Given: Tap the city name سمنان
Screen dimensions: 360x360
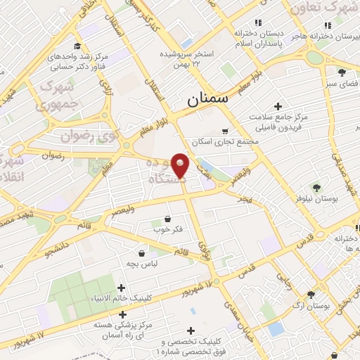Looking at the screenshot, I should click(x=208, y=100).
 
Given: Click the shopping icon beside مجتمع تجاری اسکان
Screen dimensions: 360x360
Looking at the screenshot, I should click(x=225, y=131).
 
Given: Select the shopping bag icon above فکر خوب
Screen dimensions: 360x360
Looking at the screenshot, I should click(x=167, y=218).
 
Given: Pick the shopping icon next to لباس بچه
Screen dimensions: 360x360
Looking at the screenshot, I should click(x=142, y=253).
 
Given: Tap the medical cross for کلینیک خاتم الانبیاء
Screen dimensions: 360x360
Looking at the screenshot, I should click(x=122, y=288).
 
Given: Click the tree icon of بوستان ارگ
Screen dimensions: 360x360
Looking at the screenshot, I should click(x=311, y=295).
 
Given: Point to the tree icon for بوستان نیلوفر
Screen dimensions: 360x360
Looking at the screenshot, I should click(x=318, y=187).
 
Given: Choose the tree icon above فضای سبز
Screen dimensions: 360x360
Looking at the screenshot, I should click(x=342, y=72).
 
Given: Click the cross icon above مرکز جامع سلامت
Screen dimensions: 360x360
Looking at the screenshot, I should click(x=279, y=105).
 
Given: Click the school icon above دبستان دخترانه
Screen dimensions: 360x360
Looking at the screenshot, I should click(x=259, y=22).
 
